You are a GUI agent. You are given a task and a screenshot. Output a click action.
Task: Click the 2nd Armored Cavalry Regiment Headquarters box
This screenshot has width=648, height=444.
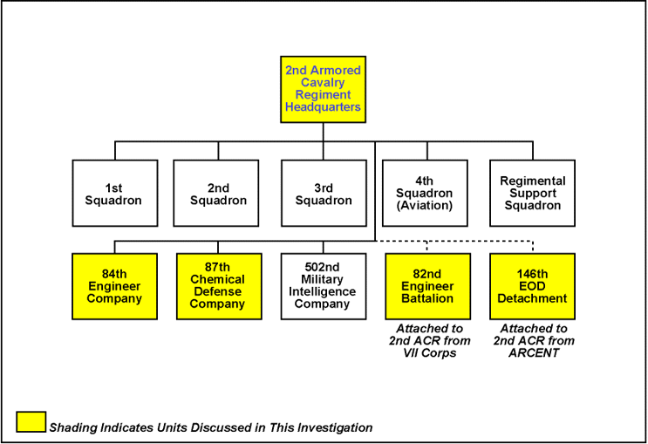(323, 89)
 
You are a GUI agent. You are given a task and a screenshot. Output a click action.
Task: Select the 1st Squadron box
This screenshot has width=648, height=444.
(113, 194)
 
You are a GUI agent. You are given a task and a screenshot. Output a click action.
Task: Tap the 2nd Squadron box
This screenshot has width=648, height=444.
(218, 194)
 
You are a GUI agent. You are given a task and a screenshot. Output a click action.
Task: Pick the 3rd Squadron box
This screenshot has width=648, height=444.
(324, 194)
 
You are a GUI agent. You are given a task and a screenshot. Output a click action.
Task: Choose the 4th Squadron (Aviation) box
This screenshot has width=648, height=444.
(425, 194)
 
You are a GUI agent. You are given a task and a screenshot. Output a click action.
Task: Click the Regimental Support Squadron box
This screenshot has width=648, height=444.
(532, 194)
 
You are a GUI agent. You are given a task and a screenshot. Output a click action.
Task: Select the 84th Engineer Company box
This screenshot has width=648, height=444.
(114, 286)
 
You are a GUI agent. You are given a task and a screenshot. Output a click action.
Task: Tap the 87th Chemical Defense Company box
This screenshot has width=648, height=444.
(218, 286)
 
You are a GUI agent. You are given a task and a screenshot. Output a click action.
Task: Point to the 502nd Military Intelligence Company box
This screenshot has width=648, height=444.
(324, 286)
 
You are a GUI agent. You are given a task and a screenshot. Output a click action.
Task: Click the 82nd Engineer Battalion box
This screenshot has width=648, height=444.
(426, 286)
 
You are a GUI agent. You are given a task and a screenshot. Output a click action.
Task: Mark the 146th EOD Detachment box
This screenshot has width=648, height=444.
(532, 286)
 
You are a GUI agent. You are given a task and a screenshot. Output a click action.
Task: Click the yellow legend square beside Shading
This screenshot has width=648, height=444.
(31, 421)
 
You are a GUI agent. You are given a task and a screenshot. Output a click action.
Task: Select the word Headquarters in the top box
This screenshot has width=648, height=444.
(323, 107)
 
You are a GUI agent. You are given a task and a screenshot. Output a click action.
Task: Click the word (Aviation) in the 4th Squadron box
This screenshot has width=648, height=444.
(425, 206)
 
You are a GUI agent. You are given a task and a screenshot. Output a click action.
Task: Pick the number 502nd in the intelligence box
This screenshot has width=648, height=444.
(324, 268)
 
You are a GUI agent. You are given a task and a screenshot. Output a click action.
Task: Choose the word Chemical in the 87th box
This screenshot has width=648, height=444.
(218, 280)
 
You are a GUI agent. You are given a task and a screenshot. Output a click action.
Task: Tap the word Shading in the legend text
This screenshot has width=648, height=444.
(72, 427)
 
